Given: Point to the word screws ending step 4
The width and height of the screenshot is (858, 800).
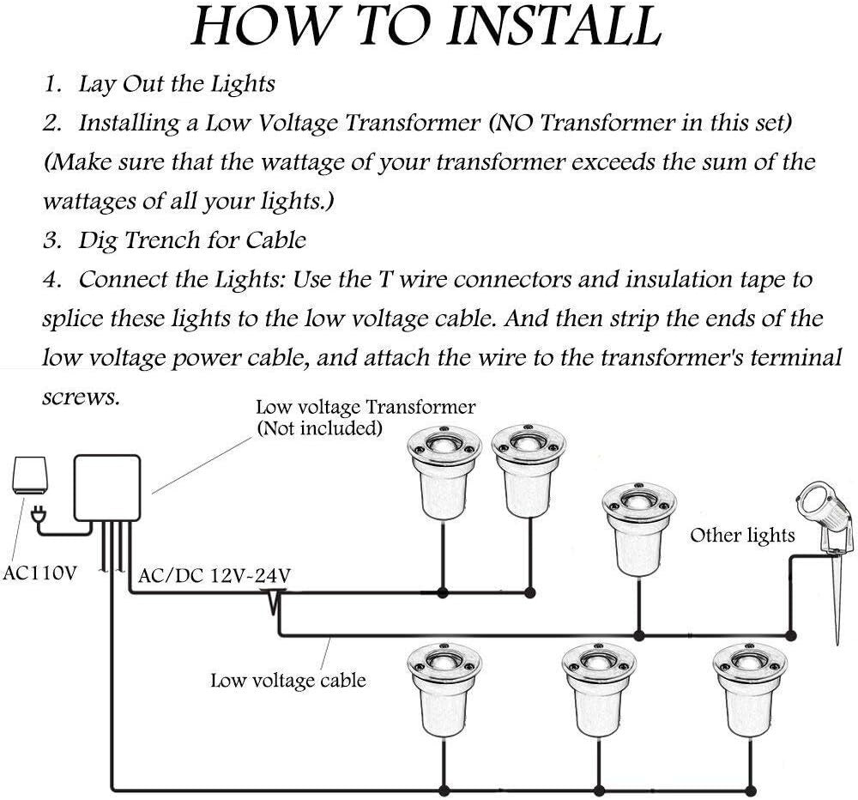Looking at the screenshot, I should (81, 397).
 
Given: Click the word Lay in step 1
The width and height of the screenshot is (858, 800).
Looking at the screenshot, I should (95, 84).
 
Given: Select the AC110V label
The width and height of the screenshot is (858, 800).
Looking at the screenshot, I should (40, 573).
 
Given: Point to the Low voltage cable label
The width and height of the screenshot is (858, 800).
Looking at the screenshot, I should (288, 681).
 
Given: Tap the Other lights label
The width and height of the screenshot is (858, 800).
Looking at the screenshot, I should (743, 536).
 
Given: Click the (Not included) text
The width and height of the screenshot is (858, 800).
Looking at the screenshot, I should (320, 427).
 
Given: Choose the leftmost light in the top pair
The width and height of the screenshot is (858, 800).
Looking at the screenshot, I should (441, 472).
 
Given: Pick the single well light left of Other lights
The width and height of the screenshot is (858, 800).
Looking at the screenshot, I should (636, 525).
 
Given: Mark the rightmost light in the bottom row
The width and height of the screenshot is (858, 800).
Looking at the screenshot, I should (749, 687).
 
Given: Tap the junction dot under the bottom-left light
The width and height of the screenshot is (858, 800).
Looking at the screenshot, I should (443, 790).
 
